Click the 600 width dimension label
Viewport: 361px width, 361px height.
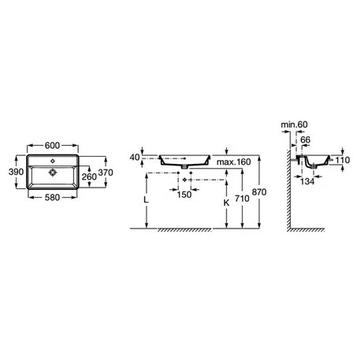[x=52, y=145]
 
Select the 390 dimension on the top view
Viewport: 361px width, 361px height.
[x=16, y=172]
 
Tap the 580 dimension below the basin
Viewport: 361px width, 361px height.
[x=52, y=197]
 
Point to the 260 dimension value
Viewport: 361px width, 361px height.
[x=89, y=177]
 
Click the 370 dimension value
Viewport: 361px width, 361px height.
[x=106, y=173]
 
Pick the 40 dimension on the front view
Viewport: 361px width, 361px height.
[x=135, y=157]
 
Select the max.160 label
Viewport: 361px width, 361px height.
[x=234, y=162]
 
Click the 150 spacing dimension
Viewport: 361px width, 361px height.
[x=184, y=195]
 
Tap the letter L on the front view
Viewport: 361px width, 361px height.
[x=146, y=200]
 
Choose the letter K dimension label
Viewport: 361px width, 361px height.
[x=226, y=203]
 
